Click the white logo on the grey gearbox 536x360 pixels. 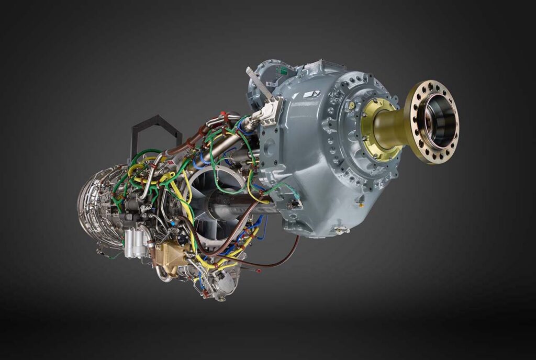click(x=310, y=95)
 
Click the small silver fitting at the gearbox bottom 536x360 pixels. click(x=343, y=229)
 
